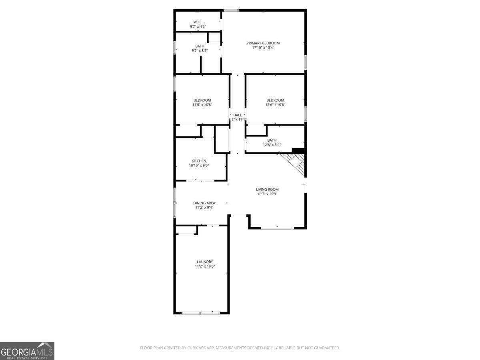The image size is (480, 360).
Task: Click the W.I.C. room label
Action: [x=198, y=22]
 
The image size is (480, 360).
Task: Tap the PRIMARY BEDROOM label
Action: [x=263, y=43]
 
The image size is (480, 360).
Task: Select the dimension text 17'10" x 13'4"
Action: [x=263, y=48]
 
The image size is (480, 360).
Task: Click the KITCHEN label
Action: [x=199, y=161]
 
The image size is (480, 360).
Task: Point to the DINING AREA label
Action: [x=204, y=203]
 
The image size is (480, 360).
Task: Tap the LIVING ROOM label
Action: [x=267, y=189]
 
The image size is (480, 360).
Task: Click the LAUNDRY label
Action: [x=205, y=262]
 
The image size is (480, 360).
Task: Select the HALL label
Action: [x=238, y=115]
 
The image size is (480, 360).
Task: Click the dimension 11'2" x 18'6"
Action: [x=205, y=266]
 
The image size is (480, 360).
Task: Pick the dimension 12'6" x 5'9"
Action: [x=272, y=145]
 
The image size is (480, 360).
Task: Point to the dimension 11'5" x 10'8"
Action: [x=202, y=105]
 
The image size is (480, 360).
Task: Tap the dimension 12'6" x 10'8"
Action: [x=275, y=105]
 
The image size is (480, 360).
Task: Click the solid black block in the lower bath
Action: [x=298, y=150]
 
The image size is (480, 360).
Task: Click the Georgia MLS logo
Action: [x=27, y=351]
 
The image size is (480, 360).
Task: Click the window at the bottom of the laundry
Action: [x=201, y=313]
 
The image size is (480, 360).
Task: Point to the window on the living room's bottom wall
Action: [x=277, y=228]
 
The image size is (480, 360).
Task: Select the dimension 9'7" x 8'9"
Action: [x=200, y=50]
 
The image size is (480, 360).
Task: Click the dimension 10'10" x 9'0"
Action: [x=199, y=166]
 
